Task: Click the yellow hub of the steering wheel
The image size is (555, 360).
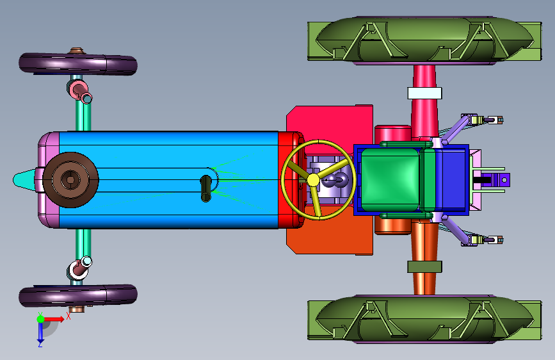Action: [x=313, y=179]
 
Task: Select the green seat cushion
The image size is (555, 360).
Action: [x=390, y=179]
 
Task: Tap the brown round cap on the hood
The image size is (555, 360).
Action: [x=70, y=179]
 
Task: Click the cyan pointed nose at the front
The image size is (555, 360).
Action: [x=23, y=180]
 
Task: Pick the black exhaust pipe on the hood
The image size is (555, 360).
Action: [x=206, y=188]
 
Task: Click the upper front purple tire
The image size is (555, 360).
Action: [x=78, y=64]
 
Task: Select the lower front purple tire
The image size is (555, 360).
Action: [x=78, y=295]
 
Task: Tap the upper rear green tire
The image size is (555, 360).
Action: [x=424, y=41]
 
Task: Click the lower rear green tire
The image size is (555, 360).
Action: [x=424, y=319]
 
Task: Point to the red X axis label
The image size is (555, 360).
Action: [x=68, y=316]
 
